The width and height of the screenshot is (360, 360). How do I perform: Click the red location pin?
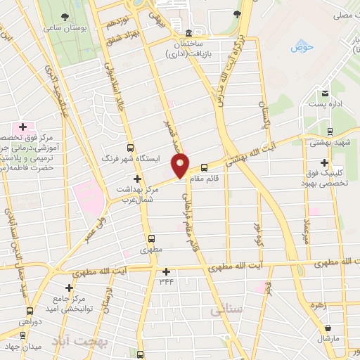(181, 165)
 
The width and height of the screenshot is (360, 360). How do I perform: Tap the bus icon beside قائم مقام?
(204, 167)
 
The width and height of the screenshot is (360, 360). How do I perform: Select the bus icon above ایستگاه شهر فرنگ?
(129, 148)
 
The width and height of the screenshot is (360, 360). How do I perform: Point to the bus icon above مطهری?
(152, 239)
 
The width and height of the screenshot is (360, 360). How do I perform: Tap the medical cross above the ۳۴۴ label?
(166, 271)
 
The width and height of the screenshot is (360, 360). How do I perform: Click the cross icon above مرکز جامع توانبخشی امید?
(69, 288)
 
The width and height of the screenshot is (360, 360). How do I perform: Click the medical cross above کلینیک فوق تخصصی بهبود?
(324, 162)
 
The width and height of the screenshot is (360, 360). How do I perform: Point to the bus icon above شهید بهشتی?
(330, 131)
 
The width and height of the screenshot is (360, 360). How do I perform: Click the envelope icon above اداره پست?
(325, 94)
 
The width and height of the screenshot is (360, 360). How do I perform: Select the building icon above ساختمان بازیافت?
(188, 33)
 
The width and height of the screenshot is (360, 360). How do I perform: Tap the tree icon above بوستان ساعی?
(65, 15)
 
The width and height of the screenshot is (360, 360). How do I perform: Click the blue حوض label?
(303, 47)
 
